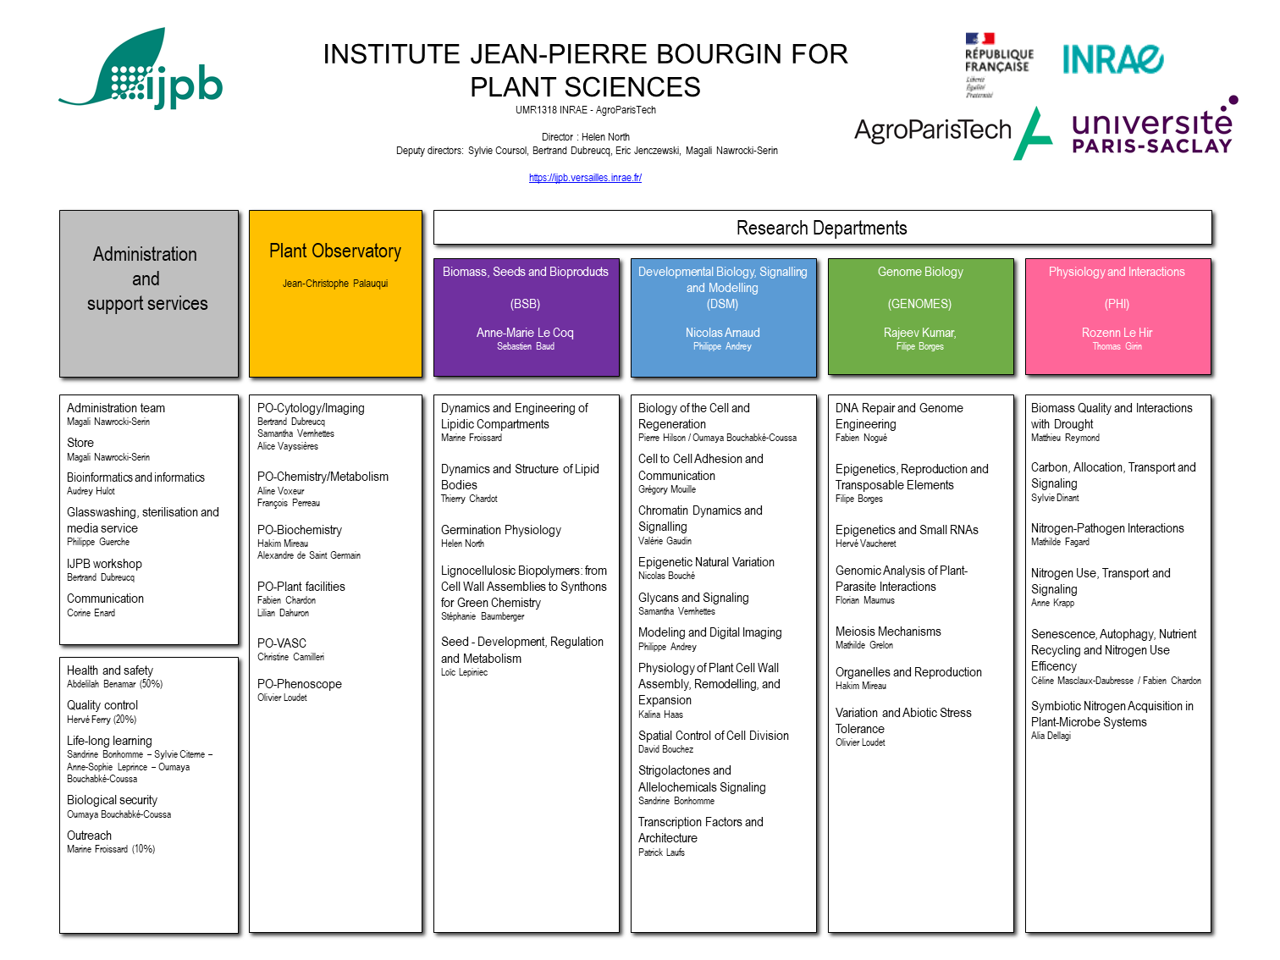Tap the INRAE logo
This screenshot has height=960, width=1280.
1112,59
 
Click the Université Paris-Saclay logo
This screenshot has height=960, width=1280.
1154,125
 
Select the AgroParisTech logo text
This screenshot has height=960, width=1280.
932,130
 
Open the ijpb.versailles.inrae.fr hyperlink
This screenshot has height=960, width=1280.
584,177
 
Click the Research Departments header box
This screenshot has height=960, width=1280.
821,228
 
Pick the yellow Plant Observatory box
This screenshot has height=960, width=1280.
334,293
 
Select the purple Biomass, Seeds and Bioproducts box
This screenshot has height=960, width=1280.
526,317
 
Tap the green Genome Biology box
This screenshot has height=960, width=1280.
919,316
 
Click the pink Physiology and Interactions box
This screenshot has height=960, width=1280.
1117,316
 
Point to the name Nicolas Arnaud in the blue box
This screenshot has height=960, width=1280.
722,332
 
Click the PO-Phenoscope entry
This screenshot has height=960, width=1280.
299,684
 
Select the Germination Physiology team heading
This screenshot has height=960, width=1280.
500,530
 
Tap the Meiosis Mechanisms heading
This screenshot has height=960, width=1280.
887,632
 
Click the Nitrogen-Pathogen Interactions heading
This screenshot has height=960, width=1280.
1106,528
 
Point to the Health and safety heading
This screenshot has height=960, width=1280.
110,670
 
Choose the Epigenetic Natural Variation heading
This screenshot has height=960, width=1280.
705,562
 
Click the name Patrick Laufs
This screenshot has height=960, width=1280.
660,852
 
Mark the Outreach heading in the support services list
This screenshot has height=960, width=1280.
89,836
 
